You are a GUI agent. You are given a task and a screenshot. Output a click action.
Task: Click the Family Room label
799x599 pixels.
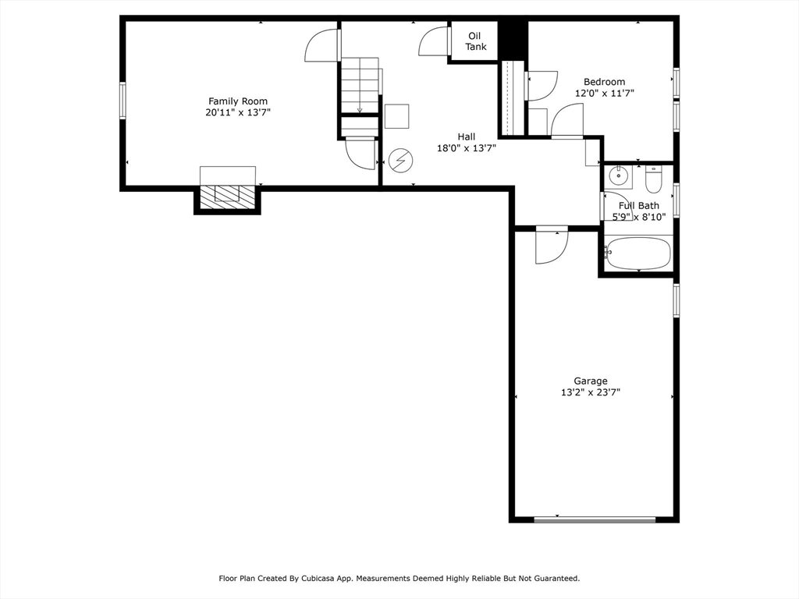coord(238,101)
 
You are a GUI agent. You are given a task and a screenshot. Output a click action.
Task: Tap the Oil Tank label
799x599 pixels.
coord(475,41)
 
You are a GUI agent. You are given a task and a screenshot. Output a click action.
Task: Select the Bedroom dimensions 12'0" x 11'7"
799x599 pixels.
coord(605,94)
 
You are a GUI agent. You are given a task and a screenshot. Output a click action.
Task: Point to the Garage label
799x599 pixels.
coord(591,381)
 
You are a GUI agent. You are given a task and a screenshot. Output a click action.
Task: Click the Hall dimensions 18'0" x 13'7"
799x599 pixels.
coord(467,148)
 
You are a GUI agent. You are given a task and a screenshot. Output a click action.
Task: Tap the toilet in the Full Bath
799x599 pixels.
coord(653,179)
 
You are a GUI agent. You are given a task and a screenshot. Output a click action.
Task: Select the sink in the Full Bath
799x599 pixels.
coord(620,176)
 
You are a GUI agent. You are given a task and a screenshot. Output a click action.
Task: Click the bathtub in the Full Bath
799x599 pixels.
coord(638,253)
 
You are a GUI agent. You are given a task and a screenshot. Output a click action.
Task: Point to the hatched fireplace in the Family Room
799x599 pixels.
coord(227,197)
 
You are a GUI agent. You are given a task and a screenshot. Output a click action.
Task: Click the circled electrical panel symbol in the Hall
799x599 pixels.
coord(400,161)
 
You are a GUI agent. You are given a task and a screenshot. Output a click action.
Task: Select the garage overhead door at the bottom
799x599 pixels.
coord(595,519)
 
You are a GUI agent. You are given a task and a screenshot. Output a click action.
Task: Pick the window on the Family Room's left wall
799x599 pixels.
coord(123,101)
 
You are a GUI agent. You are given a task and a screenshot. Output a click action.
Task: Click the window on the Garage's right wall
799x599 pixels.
coord(676,300)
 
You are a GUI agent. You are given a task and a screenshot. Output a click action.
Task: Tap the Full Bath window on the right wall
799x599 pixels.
coord(676,200)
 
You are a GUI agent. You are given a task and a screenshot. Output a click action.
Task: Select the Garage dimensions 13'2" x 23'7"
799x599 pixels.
coord(591,392)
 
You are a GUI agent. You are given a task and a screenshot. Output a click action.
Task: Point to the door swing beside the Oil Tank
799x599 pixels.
coord(434,41)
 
